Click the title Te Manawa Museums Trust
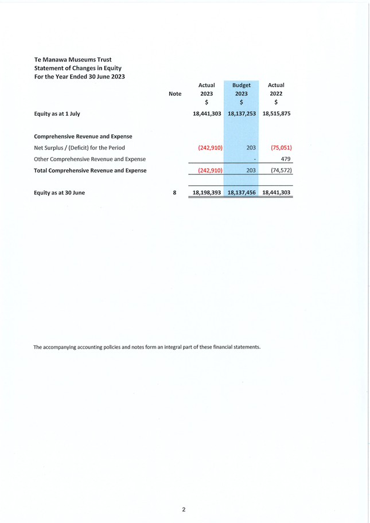(x=73, y=59)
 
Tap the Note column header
(x=175, y=93)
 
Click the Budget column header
(x=242, y=85)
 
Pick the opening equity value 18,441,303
(x=207, y=114)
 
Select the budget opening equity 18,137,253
(x=242, y=114)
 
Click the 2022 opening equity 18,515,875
(x=276, y=114)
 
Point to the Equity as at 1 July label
(x=57, y=114)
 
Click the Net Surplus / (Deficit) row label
(x=79, y=147)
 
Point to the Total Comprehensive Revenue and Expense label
(x=90, y=170)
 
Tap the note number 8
(x=174, y=193)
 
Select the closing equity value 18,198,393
(x=207, y=193)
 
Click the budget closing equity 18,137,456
(x=242, y=193)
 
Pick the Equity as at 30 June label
(x=60, y=193)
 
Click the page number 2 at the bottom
(x=184, y=509)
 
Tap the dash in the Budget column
(x=254, y=159)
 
